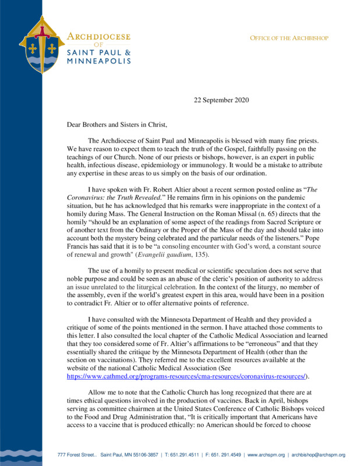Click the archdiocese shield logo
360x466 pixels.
tap(42, 41)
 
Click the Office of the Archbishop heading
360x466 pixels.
tap(289, 38)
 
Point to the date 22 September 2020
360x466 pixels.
tap(221, 100)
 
